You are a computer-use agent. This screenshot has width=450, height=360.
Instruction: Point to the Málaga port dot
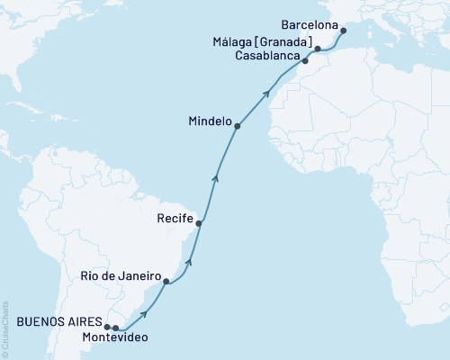[318, 48]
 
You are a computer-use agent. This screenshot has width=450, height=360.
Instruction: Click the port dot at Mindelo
[237, 127]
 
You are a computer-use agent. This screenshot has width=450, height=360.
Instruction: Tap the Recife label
[172, 218]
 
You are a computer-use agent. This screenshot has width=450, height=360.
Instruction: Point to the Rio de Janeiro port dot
[166, 282]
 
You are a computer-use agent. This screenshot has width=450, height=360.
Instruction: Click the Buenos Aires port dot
[107, 327]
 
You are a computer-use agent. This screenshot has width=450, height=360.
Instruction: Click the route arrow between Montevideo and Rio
[144, 314]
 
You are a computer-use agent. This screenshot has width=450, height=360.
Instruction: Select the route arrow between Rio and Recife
[189, 262]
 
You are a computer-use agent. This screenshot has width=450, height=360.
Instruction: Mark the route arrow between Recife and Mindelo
[214, 179]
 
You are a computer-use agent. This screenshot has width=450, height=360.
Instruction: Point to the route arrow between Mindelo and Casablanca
[265, 93]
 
